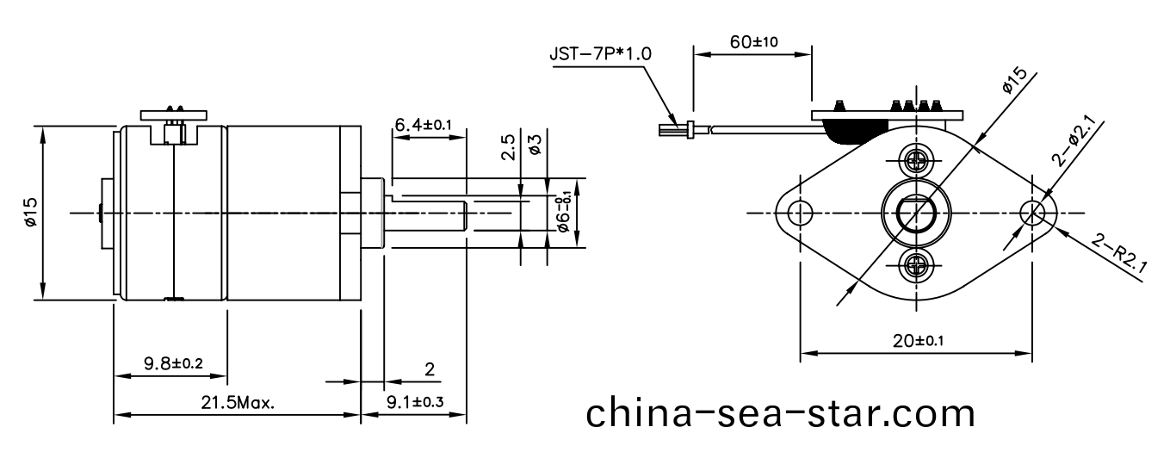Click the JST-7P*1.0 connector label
(x=600, y=53)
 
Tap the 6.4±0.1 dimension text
(x=423, y=126)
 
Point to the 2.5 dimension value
(x=509, y=147)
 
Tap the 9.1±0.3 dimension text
(x=415, y=402)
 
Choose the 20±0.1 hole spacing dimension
(x=917, y=340)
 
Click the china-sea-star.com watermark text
(x=781, y=413)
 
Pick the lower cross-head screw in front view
(x=916, y=265)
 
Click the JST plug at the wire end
(x=675, y=131)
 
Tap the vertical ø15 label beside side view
(x=31, y=212)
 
